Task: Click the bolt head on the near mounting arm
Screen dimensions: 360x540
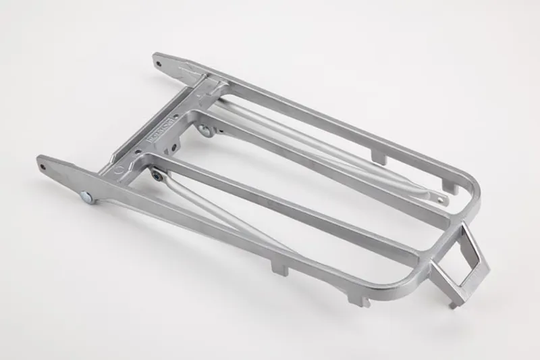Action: click(x=86, y=197)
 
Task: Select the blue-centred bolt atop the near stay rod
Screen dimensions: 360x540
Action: click(x=156, y=176)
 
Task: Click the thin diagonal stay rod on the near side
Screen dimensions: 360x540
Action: click(x=223, y=216)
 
